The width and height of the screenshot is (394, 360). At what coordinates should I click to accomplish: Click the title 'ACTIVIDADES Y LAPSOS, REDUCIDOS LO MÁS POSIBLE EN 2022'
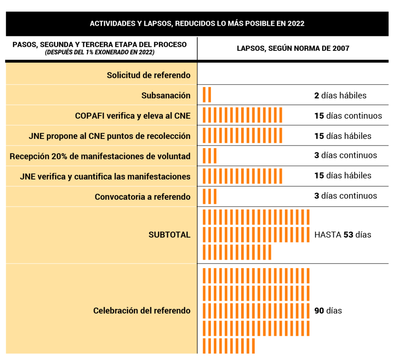pyautogui.click(x=197, y=23)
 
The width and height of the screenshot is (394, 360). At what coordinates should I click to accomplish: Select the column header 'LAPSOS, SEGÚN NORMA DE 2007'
pyautogui.click(x=293, y=49)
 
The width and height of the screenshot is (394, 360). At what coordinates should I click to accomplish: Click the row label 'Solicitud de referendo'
pyautogui.click(x=149, y=75)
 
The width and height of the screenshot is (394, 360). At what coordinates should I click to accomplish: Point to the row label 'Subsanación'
pyautogui.click(x=166, y=95)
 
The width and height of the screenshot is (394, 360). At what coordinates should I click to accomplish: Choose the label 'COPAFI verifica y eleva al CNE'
pyautogui.click(x=132, y=116)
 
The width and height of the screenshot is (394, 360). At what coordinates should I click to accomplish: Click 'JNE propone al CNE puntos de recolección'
pyautogui.click(x=109, y=136)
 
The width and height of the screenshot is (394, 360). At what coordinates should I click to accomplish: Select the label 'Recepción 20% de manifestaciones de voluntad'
pyautogui.click(x=100, y=156)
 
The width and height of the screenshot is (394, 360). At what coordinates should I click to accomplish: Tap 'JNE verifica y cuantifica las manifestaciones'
pyautogui.click(x=105, y=176)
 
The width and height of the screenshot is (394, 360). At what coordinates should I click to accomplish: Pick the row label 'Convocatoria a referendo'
pyautogui.click(x=142, y=197)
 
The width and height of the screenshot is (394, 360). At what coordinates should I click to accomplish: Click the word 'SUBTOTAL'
pyautogui.click(x=169, y=235)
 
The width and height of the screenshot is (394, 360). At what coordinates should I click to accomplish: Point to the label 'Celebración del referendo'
pyautogui.click(x=142, y=310)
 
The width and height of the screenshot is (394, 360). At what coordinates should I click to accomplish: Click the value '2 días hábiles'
pyautogui.click(x=340, y=95)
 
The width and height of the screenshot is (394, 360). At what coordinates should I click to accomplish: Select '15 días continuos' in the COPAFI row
pyautogui.click(x=348, y=116)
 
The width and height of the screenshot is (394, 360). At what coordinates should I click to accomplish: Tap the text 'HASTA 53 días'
pyautogui.click(x=342, y=234)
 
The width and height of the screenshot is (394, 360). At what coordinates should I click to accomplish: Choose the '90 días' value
pyautogui.click(x=328, y=310)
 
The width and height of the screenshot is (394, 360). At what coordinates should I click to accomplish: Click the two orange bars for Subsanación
pyautogui.click(x=207, y=95)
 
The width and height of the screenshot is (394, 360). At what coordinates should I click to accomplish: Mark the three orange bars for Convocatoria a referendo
pyautogui.click(x=209, y=196)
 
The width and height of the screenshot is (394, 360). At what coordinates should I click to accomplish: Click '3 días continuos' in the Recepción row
pyautogui.click(x=345, y=156)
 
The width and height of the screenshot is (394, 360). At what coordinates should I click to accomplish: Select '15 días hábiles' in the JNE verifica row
pyautogui.click(x=342, y=176)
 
